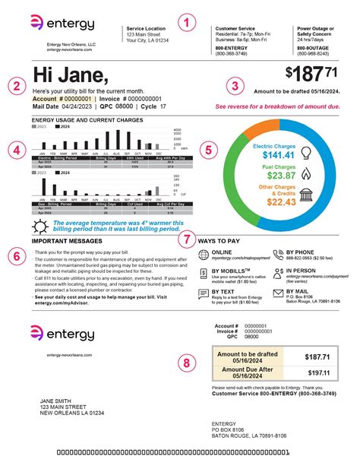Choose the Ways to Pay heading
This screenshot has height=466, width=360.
pyautogui.click(x=220, y=240)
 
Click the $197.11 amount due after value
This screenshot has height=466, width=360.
pyautogui.click(x=317, y=373)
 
